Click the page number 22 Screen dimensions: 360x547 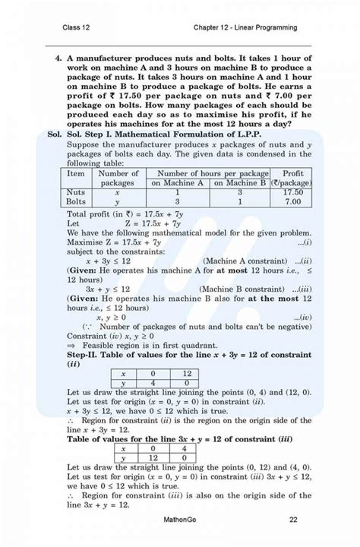pyautogui.click(x=293, y=520)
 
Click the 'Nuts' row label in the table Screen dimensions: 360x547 pyautogui.click(x=76, y=193)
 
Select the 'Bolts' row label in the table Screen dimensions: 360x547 pyautogui.click(x=76, y=203)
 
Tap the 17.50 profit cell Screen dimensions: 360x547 pyautogui.click(x=292, y=193)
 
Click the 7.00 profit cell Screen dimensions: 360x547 pyautogui.click(x=292, y=203)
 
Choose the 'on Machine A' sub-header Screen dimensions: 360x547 pyautogui.click(x=177, y=183)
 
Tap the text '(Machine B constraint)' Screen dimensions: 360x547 pyautogui.click(x=241, y=289)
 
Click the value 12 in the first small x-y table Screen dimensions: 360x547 pyautogui.click(x=187, y=373)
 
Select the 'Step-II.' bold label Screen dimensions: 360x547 pyautogui.click(x=85, y=353)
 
